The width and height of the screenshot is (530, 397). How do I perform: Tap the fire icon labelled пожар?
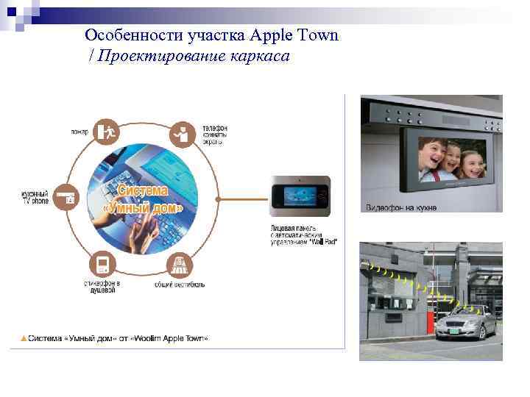pos(107,132)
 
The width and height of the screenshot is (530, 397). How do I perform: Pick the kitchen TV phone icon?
pos(69,196)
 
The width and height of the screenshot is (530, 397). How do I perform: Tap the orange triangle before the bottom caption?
pos(24,338)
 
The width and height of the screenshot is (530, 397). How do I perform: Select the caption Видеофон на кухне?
pos(401,207)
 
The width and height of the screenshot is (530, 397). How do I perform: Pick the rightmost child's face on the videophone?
pos(470,163)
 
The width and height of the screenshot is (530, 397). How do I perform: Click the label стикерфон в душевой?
pos(102,287)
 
